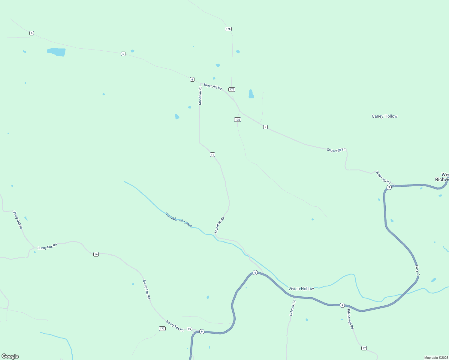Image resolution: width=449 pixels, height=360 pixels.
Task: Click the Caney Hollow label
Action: [384, 116]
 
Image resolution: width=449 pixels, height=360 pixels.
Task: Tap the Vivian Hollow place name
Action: [301, 289]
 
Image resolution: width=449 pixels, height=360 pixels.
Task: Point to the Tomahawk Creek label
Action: [179, 220]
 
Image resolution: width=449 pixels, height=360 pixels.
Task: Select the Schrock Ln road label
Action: [292, 308]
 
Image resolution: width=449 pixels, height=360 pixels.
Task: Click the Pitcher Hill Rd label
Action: [350, 319]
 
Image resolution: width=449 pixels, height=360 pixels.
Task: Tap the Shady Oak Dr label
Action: [17, 220]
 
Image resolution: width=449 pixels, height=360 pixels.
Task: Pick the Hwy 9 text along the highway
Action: [417, 270]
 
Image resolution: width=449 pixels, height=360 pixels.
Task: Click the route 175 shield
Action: [237, 120]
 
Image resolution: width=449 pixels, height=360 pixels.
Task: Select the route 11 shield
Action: [212, 155]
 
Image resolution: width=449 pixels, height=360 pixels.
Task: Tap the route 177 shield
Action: [162, 328]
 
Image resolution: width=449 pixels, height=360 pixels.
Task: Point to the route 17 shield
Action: [364, 348]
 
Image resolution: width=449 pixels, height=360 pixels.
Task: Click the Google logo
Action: [10, 356]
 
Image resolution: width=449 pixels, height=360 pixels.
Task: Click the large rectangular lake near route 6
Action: [56, 52]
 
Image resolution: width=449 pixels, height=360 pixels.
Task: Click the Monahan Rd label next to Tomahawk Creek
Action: [219, 225]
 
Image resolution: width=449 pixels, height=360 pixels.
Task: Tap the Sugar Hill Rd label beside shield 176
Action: [212, 86]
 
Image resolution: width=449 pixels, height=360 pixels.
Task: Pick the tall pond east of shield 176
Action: [251, 94]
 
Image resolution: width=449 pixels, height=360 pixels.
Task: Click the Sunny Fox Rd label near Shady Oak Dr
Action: [47, 247]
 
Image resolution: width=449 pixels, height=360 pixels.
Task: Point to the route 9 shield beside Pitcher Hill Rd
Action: [342, 305]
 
